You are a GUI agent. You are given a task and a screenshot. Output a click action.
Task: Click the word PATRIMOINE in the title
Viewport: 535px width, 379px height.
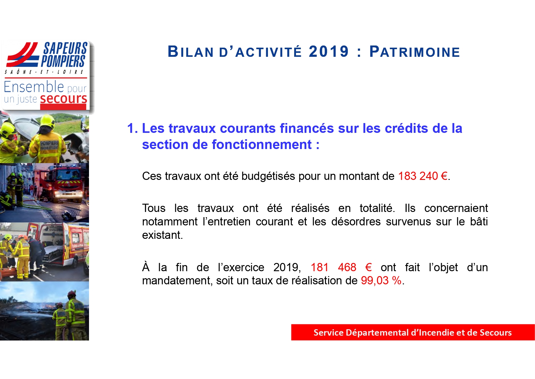click(x=415, y=52)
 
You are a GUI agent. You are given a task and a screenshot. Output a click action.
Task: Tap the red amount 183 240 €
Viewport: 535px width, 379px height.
click(x=423, y=176)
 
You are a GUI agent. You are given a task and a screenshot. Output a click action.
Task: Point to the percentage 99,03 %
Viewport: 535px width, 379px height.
click(x=381, y=280)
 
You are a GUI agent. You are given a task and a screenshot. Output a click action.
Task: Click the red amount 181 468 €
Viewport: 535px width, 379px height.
click(x=341, y=267)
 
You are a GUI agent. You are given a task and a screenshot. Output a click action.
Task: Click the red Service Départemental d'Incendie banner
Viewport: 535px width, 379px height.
click(x=413, y=332)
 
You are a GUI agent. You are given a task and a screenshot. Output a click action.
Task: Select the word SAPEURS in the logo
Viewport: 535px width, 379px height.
click(x=66, y=48)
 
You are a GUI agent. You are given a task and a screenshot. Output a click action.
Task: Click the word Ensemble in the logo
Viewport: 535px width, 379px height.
click(x=34, y=87)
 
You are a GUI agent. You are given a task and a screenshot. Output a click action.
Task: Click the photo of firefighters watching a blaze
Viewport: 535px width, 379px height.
click(x=45, y=311)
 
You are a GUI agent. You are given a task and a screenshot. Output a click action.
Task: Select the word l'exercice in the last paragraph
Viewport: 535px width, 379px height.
click(x=241, y=267)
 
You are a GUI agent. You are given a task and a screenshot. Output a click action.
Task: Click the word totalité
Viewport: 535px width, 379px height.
click(x=377, y=208)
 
